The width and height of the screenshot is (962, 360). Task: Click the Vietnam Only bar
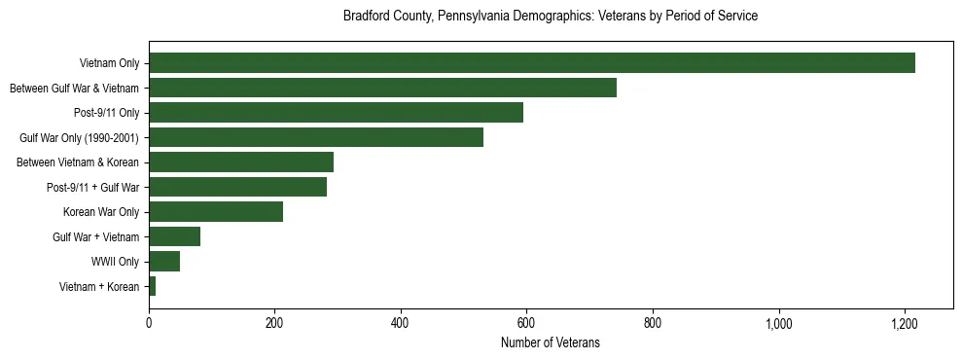532,63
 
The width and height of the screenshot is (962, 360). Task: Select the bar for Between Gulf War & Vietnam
382,88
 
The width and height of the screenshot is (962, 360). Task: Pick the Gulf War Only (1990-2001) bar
316,137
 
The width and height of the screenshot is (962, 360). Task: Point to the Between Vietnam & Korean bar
241,162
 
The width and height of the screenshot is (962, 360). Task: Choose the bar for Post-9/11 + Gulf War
237,187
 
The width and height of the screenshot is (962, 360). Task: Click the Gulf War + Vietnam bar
174,236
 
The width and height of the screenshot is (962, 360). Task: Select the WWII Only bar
164,261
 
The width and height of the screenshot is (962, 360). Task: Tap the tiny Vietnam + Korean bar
153,286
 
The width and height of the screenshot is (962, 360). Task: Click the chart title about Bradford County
551,17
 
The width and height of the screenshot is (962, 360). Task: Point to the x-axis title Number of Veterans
551,342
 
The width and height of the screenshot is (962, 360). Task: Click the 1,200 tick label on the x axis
905,322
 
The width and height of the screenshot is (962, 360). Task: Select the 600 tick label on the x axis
527,322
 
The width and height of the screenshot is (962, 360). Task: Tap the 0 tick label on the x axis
149,322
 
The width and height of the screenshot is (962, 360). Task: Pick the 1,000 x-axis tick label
779,322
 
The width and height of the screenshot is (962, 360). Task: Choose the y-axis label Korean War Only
101,212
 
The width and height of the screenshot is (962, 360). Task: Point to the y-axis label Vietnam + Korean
99,286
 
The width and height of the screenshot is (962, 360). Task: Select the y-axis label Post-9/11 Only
106,113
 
